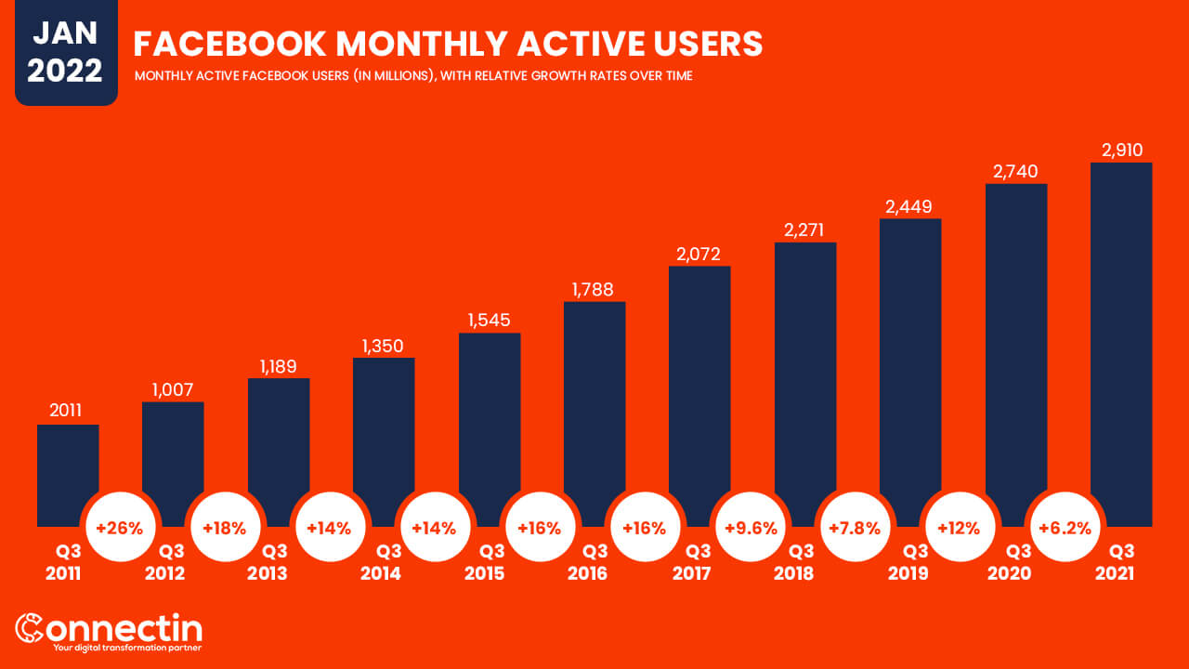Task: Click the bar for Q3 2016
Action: (594, 409)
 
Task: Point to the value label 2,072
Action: (699, 254)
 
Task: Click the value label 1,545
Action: (490, 321)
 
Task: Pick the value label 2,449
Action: (910, 206)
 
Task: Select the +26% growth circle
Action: (120, 528)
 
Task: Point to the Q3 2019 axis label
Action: (908, 561)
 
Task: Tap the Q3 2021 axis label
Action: (1114, 561)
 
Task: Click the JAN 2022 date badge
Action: (66, 52)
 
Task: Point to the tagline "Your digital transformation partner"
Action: (127, 647)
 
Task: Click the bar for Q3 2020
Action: (1016, 353)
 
